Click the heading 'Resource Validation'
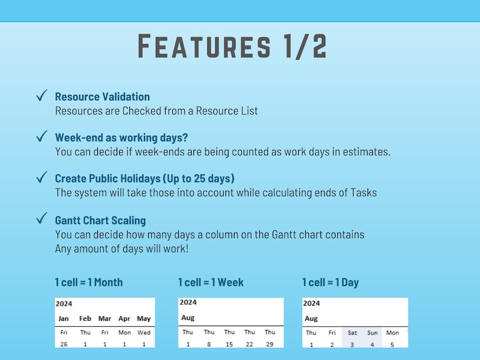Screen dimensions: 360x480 pyautogui.click(x=102, y=97)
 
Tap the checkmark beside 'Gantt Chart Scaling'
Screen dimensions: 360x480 pyautogui.click(x=42, y=219)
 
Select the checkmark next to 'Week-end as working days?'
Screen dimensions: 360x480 pyautogui.click(x=42, y=137)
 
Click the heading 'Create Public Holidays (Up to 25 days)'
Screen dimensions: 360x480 pyautogui.click(x=144, y=178)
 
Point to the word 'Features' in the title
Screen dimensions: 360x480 pyautogui.click(x=204, y=47)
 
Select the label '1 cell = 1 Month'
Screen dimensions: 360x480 pyautogui.click(x=89, y=282)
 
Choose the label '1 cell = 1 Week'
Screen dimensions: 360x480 pyautogui.click(x=211, y=282)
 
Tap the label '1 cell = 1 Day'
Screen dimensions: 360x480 pyautogui.click(x=330, y=282)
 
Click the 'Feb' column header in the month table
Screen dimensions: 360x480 pyautogui.click(x=85, y=318)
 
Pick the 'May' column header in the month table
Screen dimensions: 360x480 pyautogui.click(x=144, y=318)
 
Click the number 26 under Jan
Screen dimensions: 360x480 pyautogui.click(x=63, y=344)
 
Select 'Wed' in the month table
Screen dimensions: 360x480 pyautogui.click(x=144, y=332)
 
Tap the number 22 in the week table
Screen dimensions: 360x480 pyautogui.click(x=250, y=344)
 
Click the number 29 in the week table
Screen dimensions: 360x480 pyautogui.click(x=270, y=344)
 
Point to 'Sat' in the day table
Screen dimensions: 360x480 pyautogui.click(x=352, y=332)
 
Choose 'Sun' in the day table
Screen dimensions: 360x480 pyautogui.click(x=372, y=332)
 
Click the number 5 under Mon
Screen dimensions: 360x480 pyautogui.click(x=392, y=345)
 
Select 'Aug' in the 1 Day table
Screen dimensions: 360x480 pyautogui.click(x=311, y=318)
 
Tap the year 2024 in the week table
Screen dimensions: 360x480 pyautogui.click(x=188, y=302)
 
